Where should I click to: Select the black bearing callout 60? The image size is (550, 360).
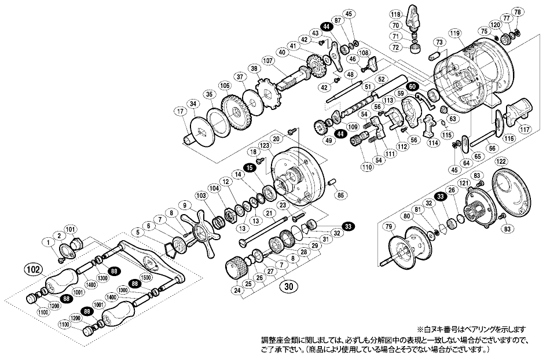(412, 86)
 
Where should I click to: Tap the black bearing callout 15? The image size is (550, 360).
(250, 167)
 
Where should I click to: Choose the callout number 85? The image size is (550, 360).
(340, 194)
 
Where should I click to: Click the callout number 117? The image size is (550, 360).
(525, 129)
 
